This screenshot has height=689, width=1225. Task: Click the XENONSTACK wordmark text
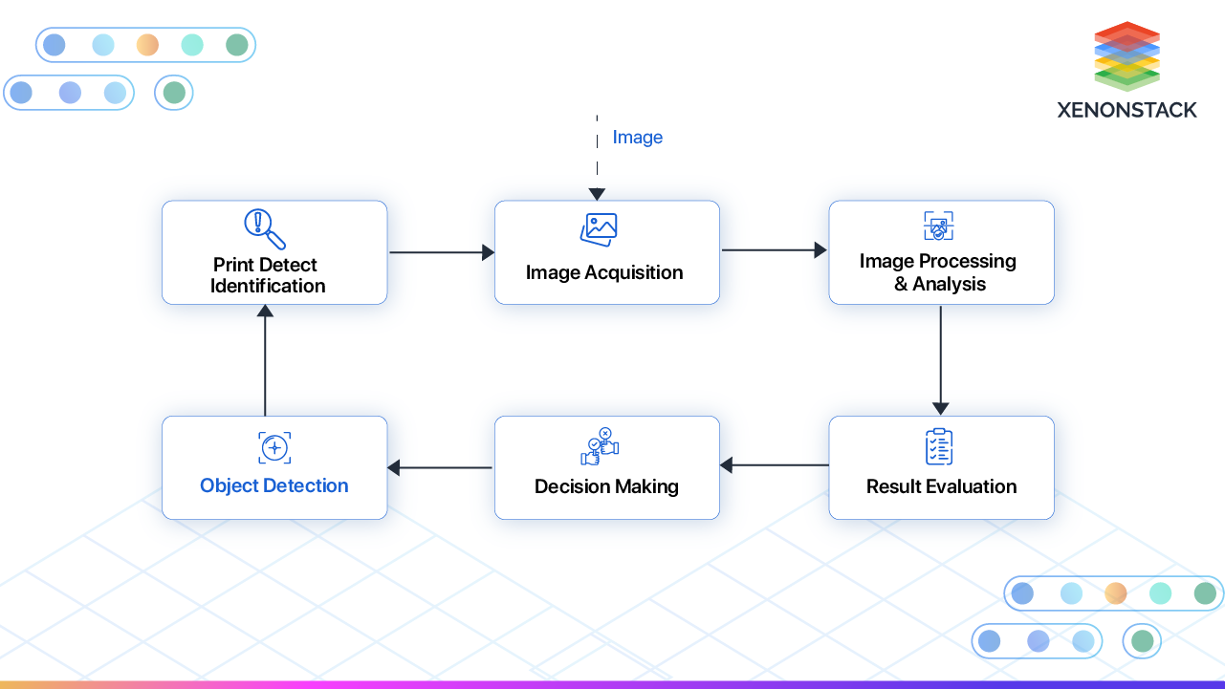(1127, 110)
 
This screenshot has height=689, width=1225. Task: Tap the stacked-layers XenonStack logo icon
(1127, 55)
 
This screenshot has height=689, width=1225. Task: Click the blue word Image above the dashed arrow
(637, 138)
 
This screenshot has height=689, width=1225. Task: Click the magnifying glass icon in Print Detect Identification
(265, 229)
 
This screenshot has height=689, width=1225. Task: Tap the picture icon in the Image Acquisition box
(599, 229)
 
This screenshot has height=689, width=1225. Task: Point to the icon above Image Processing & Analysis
(939, 227)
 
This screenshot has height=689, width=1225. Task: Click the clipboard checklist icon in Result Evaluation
(939, 446)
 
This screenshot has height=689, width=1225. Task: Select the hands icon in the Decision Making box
(601, 446)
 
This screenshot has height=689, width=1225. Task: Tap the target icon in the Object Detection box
(274, 447)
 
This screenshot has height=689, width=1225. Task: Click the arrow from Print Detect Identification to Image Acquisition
(441, 252)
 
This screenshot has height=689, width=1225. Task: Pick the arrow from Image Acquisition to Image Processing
(774, 250)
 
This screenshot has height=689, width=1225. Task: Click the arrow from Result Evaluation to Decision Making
(774, 465)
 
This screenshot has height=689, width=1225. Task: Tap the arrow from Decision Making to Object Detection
(440, 467)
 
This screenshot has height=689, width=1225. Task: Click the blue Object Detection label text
(274, 485)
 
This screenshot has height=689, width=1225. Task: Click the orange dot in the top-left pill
(147, 45)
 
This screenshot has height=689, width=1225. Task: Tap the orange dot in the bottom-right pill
(1116, 593)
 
